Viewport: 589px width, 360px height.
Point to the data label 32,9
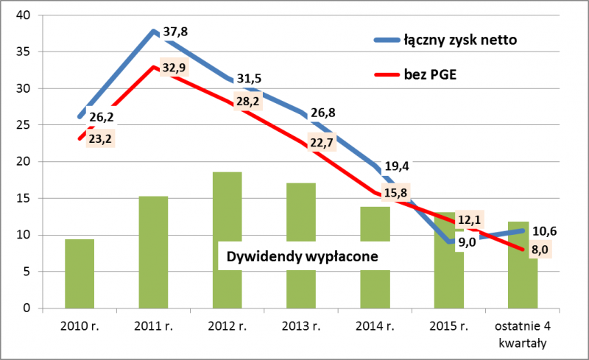pyautogui.click(x=174, y=68)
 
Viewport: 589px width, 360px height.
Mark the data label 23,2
pyautogui.click(x=100, y=138)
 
